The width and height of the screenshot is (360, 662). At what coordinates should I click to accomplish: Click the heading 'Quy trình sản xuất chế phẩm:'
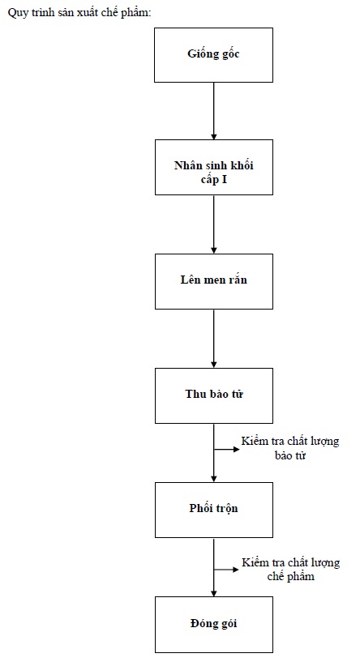click(79, 13)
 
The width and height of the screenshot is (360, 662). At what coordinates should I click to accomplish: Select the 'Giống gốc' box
click(213, 55)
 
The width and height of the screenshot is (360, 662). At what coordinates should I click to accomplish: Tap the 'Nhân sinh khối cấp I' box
click(213, 167)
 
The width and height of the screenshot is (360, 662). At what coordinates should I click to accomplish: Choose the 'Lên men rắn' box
click(213, 282)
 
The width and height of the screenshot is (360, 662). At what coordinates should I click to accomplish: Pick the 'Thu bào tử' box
click(213, 395)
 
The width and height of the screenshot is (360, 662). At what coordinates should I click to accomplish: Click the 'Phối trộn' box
click(213, 510)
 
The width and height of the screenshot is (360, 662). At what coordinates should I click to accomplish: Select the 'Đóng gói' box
click(213, 625)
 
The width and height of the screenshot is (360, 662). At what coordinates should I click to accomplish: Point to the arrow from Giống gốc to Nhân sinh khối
click(214, 111)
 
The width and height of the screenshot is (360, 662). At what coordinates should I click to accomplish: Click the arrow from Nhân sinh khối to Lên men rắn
click(214, 224)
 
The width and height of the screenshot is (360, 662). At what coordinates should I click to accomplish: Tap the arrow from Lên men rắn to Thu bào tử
click(214, 339)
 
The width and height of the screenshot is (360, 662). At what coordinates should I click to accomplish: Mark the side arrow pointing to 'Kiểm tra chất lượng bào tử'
click(227, 449)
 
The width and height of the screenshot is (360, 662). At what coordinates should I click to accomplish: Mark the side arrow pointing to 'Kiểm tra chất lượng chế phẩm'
click(227, 570)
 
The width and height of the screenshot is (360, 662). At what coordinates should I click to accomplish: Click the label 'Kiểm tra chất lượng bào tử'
click(290, 448)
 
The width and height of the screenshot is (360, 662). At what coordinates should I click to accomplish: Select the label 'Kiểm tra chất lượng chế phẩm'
click(291, 570)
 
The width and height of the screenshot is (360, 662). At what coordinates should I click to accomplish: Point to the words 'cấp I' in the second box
click(214, 180)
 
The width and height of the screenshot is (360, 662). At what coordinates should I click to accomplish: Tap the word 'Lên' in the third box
click(191, 280)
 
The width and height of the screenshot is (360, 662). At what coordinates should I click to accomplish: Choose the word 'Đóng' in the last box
click(203, 624)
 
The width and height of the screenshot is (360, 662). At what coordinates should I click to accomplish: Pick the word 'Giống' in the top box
click(201, 54)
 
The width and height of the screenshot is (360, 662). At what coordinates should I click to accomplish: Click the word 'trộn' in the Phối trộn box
click(226, 508)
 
